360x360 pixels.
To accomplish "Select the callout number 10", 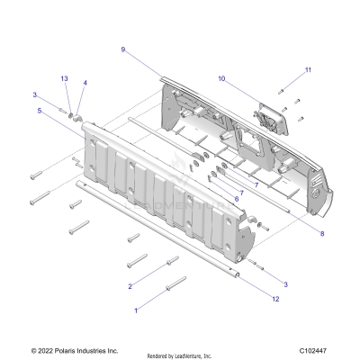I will click(x=221, y=79).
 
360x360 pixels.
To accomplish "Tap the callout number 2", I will click(x=130, y=285).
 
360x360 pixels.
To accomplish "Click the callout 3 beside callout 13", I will click(x=35, y=94).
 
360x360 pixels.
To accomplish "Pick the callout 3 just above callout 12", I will click(x=285, y=283).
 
